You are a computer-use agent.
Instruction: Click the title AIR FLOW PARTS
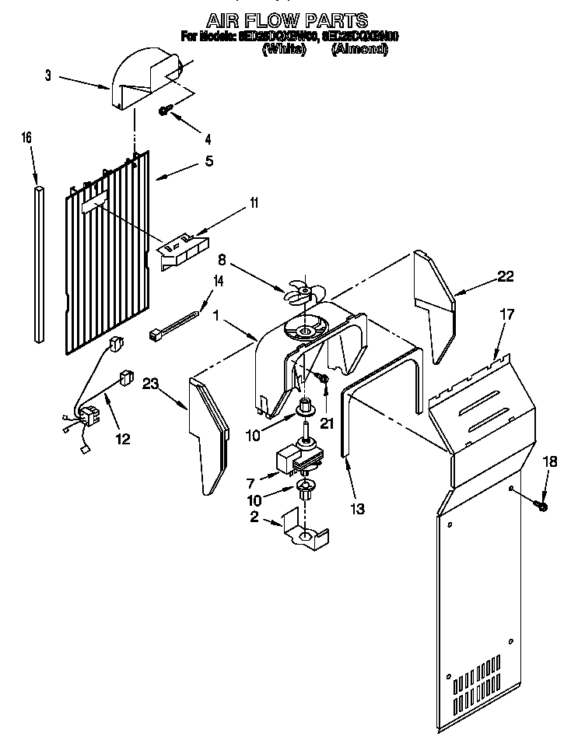(x=287, y=19)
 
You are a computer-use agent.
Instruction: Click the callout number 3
(x=48, y=75)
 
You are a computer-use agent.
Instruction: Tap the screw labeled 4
(x=165, y=111)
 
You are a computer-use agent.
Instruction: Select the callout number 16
(x=26, y=138)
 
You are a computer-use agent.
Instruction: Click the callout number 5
(x=208, y=162)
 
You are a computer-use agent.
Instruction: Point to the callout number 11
(x=254, y=204)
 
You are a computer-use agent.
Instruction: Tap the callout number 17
(x=506, y=316)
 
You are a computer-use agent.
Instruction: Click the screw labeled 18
(x=542, y=507)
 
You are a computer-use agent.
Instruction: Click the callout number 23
(x=150, y=383)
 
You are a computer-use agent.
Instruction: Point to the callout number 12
(x=123, y=440)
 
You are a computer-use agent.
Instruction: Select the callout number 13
(x=358, y=509)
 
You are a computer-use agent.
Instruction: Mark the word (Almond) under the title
(x=359, y=50)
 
